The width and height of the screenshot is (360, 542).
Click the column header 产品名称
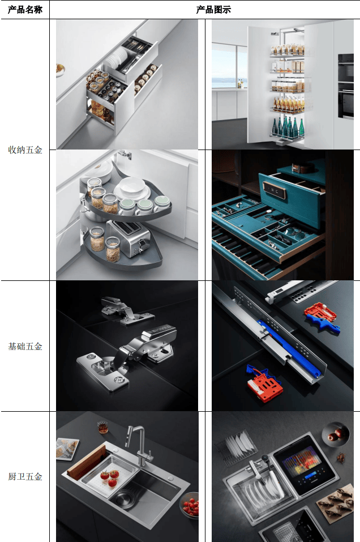click(x=25, y=10)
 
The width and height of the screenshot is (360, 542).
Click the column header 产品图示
click(x=213, y=10)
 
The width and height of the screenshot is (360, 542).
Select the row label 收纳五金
click(x=25, y=150)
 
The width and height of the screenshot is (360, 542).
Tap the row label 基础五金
click(x=25, y=346)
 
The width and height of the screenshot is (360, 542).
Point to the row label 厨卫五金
click(x=25, y=477)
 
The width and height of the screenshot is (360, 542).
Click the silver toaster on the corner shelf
click(x=128, y=238)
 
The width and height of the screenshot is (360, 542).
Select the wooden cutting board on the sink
click(x=86, y=462)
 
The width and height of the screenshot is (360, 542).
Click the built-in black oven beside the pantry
click(x=346, y=86)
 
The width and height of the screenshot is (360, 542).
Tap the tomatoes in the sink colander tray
click(x=109, y=477)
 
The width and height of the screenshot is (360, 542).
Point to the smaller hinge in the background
click(x=127, y=311)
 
